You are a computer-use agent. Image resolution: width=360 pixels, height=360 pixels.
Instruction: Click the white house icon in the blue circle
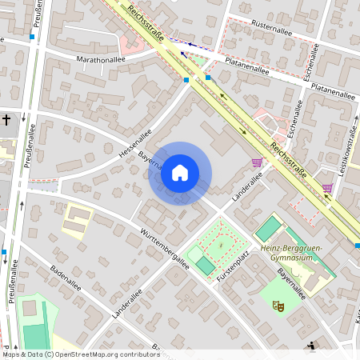[x=180, y=173]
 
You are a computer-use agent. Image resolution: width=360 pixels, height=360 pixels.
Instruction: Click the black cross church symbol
[x=6, y=120]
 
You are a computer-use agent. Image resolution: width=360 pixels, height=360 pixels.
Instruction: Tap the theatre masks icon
[x=278, y=305]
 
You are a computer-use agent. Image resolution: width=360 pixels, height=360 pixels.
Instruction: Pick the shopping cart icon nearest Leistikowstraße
[x=327, y=188]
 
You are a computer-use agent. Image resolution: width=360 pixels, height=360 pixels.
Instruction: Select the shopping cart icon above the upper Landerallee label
[x=256, y=162]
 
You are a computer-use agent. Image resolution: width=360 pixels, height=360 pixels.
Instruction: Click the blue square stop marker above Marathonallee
[x=32, y=36]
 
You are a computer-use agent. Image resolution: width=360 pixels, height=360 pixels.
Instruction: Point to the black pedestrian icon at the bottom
[x=311, y=346]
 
